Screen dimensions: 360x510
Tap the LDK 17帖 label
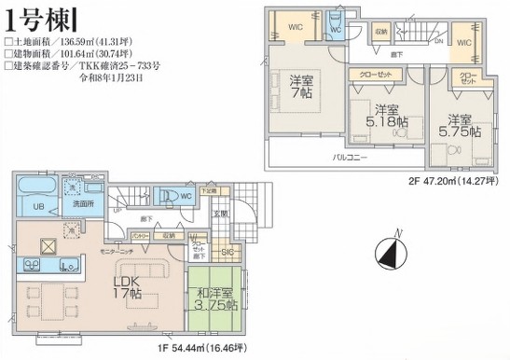[x=128, y=286]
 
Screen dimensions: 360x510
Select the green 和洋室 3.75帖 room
[x=216, y=298]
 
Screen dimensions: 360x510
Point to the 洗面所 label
[x=84, y=203]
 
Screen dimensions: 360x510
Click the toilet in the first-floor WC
[x=170, y=198]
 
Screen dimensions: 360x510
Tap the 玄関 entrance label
[x=222, y=213]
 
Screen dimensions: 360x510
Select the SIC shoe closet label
[x=227, y=252]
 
